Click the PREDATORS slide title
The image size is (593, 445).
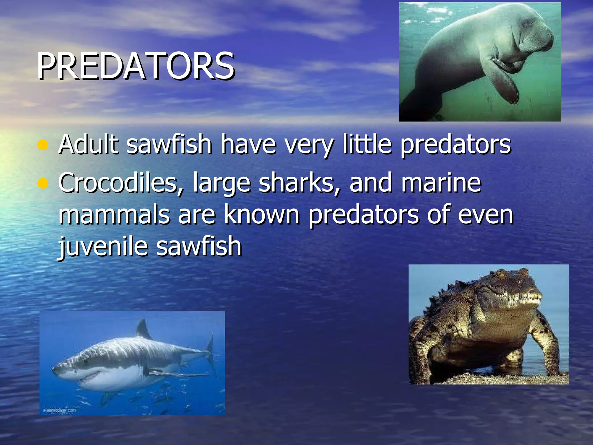point(136,66)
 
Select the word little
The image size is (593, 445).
point(367,144)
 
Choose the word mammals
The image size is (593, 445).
point(114,215)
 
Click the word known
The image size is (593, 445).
point(262,215)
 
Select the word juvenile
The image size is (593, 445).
point(103,247)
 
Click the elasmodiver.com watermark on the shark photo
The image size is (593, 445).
point(59,411)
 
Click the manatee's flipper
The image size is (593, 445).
point(507,84)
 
